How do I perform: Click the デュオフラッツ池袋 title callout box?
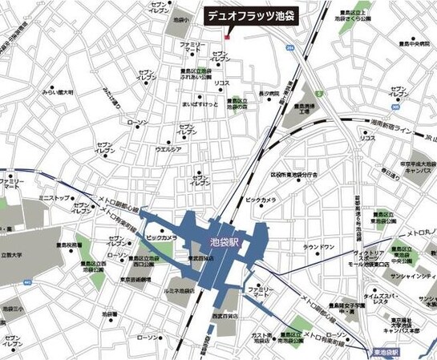click(250, 15)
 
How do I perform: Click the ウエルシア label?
click(169, 149)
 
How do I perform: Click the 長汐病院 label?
click(269, 94)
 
